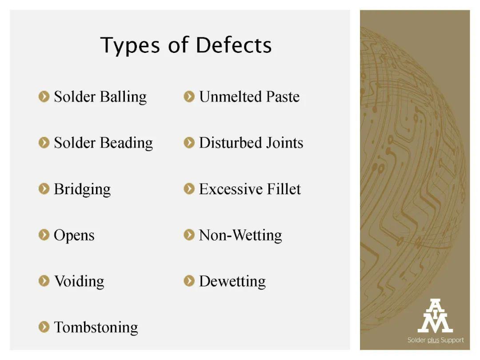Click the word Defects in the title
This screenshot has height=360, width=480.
pyautogui.click(x=234, y=45)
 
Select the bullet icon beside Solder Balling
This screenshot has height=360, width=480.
pyautogui.click(x=44, y=96)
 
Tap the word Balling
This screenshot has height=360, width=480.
pyautogui.click(x=124, y=97)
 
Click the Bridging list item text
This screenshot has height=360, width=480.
pyautogui.click(x=82, y=189)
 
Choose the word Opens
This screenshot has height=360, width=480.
pyautogui.click(x=74, y=236)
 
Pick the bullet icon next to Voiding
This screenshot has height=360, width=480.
pyautogui.click(x=44, y=281)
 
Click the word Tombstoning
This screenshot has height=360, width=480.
pyautogui.click(x=96, y=327)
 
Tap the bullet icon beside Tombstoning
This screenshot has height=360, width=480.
pyautogui.click(x=44, y=327)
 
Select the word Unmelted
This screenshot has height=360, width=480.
pyautogui.click(x=231, y=97)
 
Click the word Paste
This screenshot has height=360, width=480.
pyautogui.click(x=283, y=97)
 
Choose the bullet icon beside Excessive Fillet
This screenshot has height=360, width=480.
pyautogui.click(x=189, y=188)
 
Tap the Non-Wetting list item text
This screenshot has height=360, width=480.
pyautogui.click(x=240, y=236)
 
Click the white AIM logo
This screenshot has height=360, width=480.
pyautogui.click(x=435, y=316)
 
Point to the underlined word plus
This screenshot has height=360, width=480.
pyautogui.click(x=433, y=340)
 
